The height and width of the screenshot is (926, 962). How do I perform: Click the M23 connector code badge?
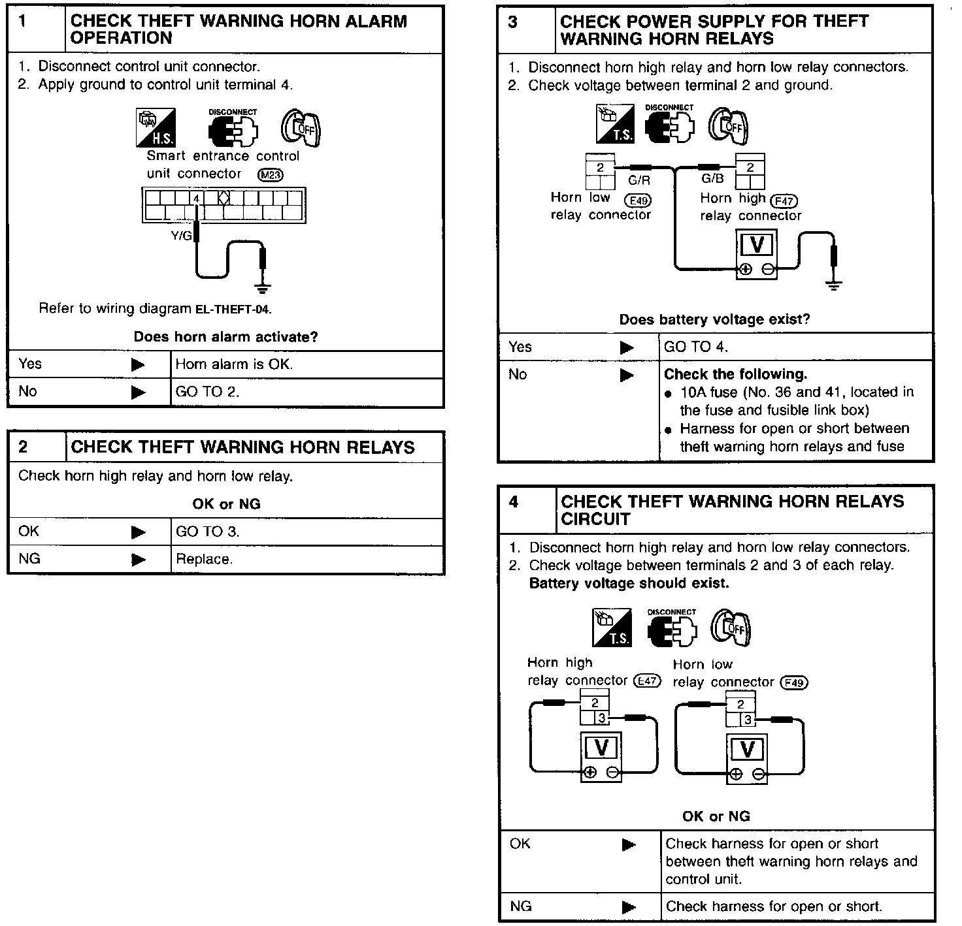click(271, 174)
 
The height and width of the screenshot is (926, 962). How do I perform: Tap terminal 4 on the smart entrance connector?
click(196, 198)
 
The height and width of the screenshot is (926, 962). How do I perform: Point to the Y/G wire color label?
click(182, 236)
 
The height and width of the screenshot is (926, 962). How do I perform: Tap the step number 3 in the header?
click(513, 22)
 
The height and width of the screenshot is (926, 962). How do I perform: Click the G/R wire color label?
click(639, 181)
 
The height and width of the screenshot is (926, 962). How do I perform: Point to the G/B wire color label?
click(712, 179)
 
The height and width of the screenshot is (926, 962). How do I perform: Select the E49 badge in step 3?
click(639, 200)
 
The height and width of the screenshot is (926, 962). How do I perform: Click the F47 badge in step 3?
click(784, 200)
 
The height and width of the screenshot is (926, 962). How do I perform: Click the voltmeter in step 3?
click(757, 254)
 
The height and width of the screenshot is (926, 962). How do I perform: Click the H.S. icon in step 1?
click(155, 127)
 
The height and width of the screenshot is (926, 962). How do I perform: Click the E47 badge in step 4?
click(647, 681)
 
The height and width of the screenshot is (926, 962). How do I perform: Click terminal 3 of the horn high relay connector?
click(601, 719)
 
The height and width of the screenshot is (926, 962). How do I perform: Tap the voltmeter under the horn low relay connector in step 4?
click(747, 758)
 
